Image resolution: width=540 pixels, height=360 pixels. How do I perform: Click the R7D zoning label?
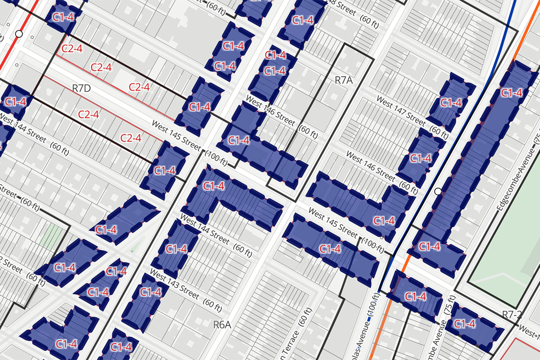(x=81, y=88)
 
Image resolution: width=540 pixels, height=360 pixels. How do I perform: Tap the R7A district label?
(x=345, y=80)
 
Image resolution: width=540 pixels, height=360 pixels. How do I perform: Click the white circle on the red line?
(x=18, y=34)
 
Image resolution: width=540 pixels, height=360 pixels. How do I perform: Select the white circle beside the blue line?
(x=438, y=192)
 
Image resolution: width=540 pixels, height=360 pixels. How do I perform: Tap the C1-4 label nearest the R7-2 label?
(x=465, y=324)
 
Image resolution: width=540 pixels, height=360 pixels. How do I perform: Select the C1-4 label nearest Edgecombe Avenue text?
(x=512, y=93)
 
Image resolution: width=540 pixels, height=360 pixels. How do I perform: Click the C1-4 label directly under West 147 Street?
(x=450, y=103)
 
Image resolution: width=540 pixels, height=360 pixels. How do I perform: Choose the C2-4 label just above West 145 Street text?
(x=130, y=138)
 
